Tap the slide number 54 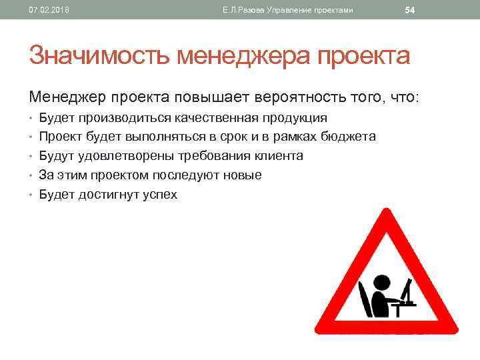[x=410, y=10]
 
